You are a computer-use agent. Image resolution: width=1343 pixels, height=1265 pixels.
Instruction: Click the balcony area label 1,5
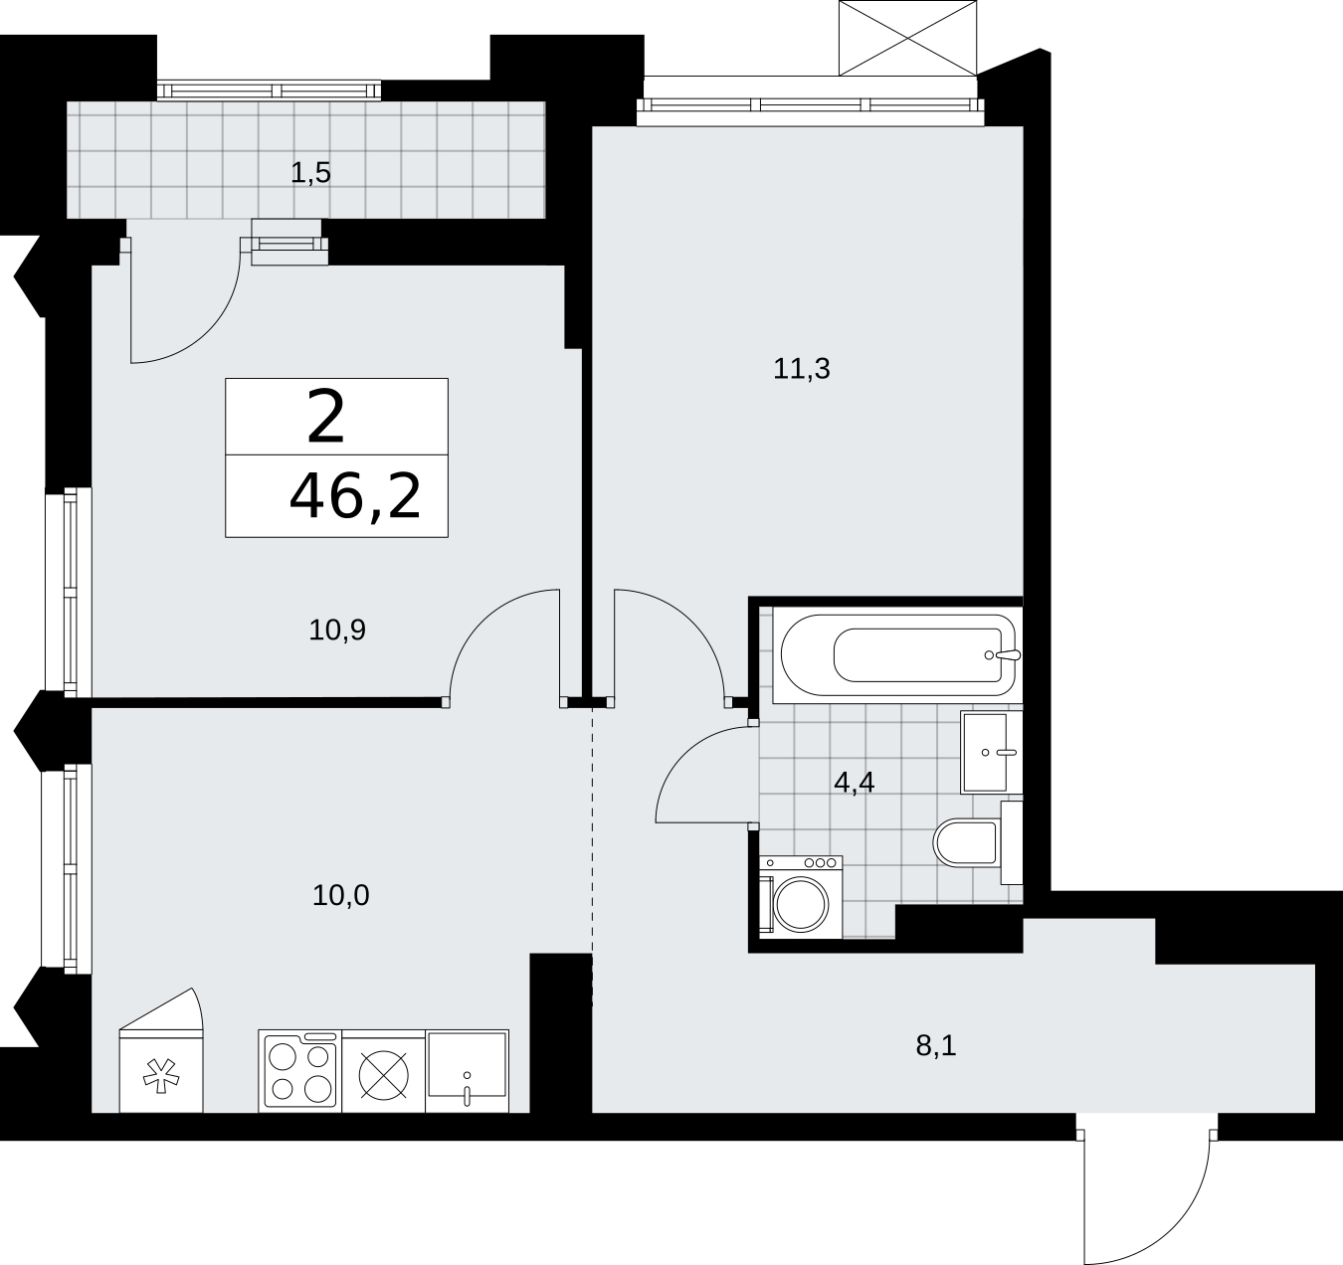coord(310,174)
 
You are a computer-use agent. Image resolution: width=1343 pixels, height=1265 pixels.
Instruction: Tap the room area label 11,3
coord(802,369)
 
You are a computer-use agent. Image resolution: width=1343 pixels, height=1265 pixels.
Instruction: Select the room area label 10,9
coord(337,631)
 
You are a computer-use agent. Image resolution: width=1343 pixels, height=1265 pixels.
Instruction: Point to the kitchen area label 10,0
coord(341,895)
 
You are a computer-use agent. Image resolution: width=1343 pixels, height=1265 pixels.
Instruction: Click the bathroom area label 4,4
coord(855,783)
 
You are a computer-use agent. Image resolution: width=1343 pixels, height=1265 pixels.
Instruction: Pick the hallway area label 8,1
coord(936,1046)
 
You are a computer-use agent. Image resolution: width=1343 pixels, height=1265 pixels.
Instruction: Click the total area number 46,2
coord(355,497)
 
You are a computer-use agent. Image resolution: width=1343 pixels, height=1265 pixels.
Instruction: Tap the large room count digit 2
coord(326,418)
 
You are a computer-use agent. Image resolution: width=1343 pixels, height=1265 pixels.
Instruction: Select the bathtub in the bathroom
coord(898,655)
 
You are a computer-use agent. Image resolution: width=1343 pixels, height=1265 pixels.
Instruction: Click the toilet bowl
coord(967,842)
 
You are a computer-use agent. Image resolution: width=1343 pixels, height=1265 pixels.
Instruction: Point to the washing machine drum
coord(801,904)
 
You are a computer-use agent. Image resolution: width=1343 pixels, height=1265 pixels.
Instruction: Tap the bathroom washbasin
coord(992,752)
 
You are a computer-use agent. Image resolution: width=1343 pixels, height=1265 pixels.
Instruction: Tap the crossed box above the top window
coord(907,37)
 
